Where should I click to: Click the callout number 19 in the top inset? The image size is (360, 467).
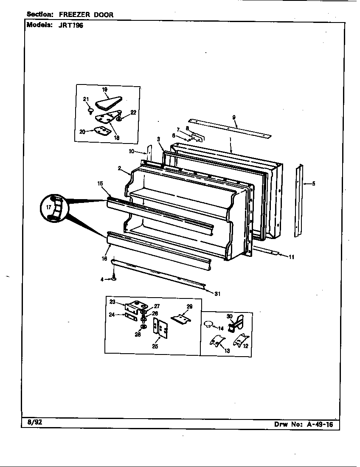tap(104, 90)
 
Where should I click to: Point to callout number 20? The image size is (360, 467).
tap(82, 132)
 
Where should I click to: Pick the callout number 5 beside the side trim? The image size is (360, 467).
tap(313, 184)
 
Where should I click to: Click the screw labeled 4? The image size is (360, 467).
tap(114, 279)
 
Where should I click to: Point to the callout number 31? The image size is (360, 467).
tap(217, 293)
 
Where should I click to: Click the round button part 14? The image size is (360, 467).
tap(208, 325)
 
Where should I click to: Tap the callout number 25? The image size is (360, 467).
tap(155, 346)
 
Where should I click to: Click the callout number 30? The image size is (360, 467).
tap(229, 316)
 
